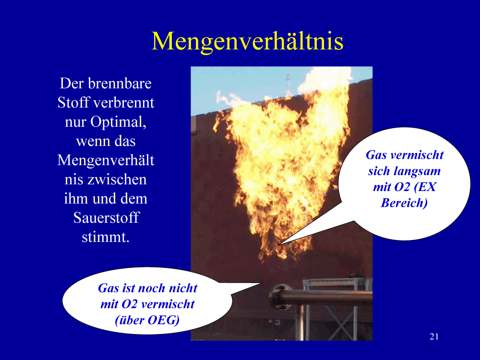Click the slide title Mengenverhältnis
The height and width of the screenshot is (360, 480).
pos(247,41)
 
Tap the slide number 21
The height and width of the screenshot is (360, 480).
pos(434,337)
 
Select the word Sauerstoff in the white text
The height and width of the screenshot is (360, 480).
pos(106,217)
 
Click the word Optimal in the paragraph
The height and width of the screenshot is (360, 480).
pos(118,122)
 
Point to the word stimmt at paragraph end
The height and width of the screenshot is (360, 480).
pos(106,237)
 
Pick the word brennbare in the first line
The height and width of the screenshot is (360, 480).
pos(120,83)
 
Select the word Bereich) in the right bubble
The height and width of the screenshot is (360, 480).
pos(404,203)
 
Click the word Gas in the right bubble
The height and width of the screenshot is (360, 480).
pos(376,155)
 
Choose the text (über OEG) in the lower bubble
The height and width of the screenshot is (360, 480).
pos(147,320)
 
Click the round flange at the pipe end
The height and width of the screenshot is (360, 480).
pos(279,297)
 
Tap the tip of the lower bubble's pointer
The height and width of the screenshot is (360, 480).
pos(263,283)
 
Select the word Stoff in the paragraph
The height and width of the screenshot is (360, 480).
pos(73,103)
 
